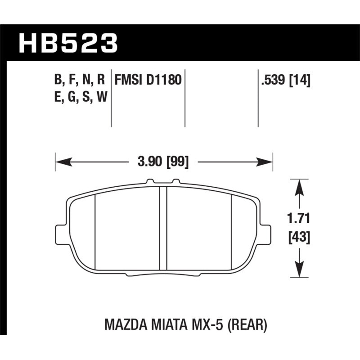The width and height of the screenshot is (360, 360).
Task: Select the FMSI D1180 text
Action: click(148, 81)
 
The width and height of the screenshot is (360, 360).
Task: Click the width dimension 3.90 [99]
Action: click(164, 161)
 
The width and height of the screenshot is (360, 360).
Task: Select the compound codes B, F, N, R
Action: click(80, 81)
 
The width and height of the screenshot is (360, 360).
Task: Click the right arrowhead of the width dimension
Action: click(269, 161)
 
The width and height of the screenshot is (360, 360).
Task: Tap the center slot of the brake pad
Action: click(164, 227)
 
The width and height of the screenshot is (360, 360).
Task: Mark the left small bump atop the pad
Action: click(150, 182)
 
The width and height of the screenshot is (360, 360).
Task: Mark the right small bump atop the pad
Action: click(176, 182)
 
